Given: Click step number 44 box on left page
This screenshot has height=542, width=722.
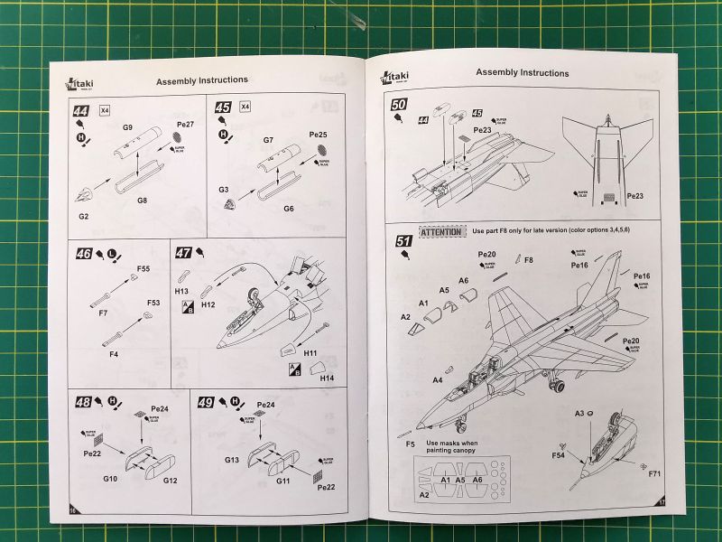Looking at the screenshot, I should coord(81,112).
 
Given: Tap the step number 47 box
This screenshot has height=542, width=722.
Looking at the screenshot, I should coord(183,253).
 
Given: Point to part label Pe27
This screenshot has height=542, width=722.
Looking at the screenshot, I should coord(185,123).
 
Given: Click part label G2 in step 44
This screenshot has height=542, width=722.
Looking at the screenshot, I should coord(84,216).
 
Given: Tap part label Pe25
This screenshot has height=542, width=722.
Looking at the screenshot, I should coord(318,135).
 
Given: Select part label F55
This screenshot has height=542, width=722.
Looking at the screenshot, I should coord(143,268).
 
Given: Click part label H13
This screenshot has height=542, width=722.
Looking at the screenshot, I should coord(181,292).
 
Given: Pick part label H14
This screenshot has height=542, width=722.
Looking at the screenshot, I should coord(327,378).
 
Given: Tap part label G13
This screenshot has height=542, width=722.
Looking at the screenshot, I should coord(232,461).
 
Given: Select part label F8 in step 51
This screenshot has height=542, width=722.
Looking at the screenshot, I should coord(529,260).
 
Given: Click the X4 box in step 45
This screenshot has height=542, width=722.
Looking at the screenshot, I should coord(246,107).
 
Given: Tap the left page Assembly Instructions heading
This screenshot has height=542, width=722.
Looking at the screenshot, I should coord(202,80).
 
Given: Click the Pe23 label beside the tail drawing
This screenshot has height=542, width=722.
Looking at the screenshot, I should coord(634,195).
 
